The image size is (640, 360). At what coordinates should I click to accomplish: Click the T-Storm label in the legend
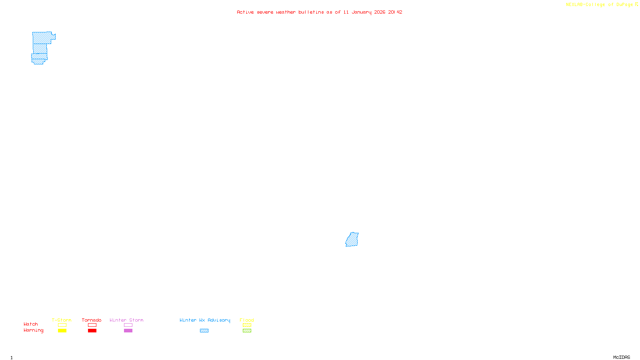(x=62, y=320)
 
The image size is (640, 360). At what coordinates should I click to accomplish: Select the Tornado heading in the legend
(x=92, y=320)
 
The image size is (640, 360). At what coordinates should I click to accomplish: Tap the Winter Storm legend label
(x=126, y=320)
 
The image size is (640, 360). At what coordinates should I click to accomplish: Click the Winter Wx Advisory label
(x=205, y=320)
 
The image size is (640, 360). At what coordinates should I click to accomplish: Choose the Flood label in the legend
(x=247, y=320)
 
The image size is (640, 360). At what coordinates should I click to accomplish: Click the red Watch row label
(x=31, y=324)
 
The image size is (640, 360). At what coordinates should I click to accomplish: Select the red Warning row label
(x=34, y=330)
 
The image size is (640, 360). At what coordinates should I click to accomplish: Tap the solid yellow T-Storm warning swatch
(x=62, y=331)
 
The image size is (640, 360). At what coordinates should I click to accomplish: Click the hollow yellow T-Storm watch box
(x=62, y=325)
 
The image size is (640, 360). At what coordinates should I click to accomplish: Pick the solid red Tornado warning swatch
(x=92, y=331)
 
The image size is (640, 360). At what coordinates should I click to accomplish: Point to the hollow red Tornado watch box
(x=92, y=325)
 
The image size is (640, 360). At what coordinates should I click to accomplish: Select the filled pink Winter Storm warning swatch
(x=128, y=331)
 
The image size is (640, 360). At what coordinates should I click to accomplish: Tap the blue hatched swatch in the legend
(x=204, y=331)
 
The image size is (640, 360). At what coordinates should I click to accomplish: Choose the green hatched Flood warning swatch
(x=247, y=331)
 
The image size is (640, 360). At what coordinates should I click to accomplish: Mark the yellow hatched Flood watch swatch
(x=247, y=325)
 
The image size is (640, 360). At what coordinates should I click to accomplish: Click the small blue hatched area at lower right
(x=352, y=240)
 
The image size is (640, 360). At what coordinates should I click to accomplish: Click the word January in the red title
(x=362, y=12)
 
